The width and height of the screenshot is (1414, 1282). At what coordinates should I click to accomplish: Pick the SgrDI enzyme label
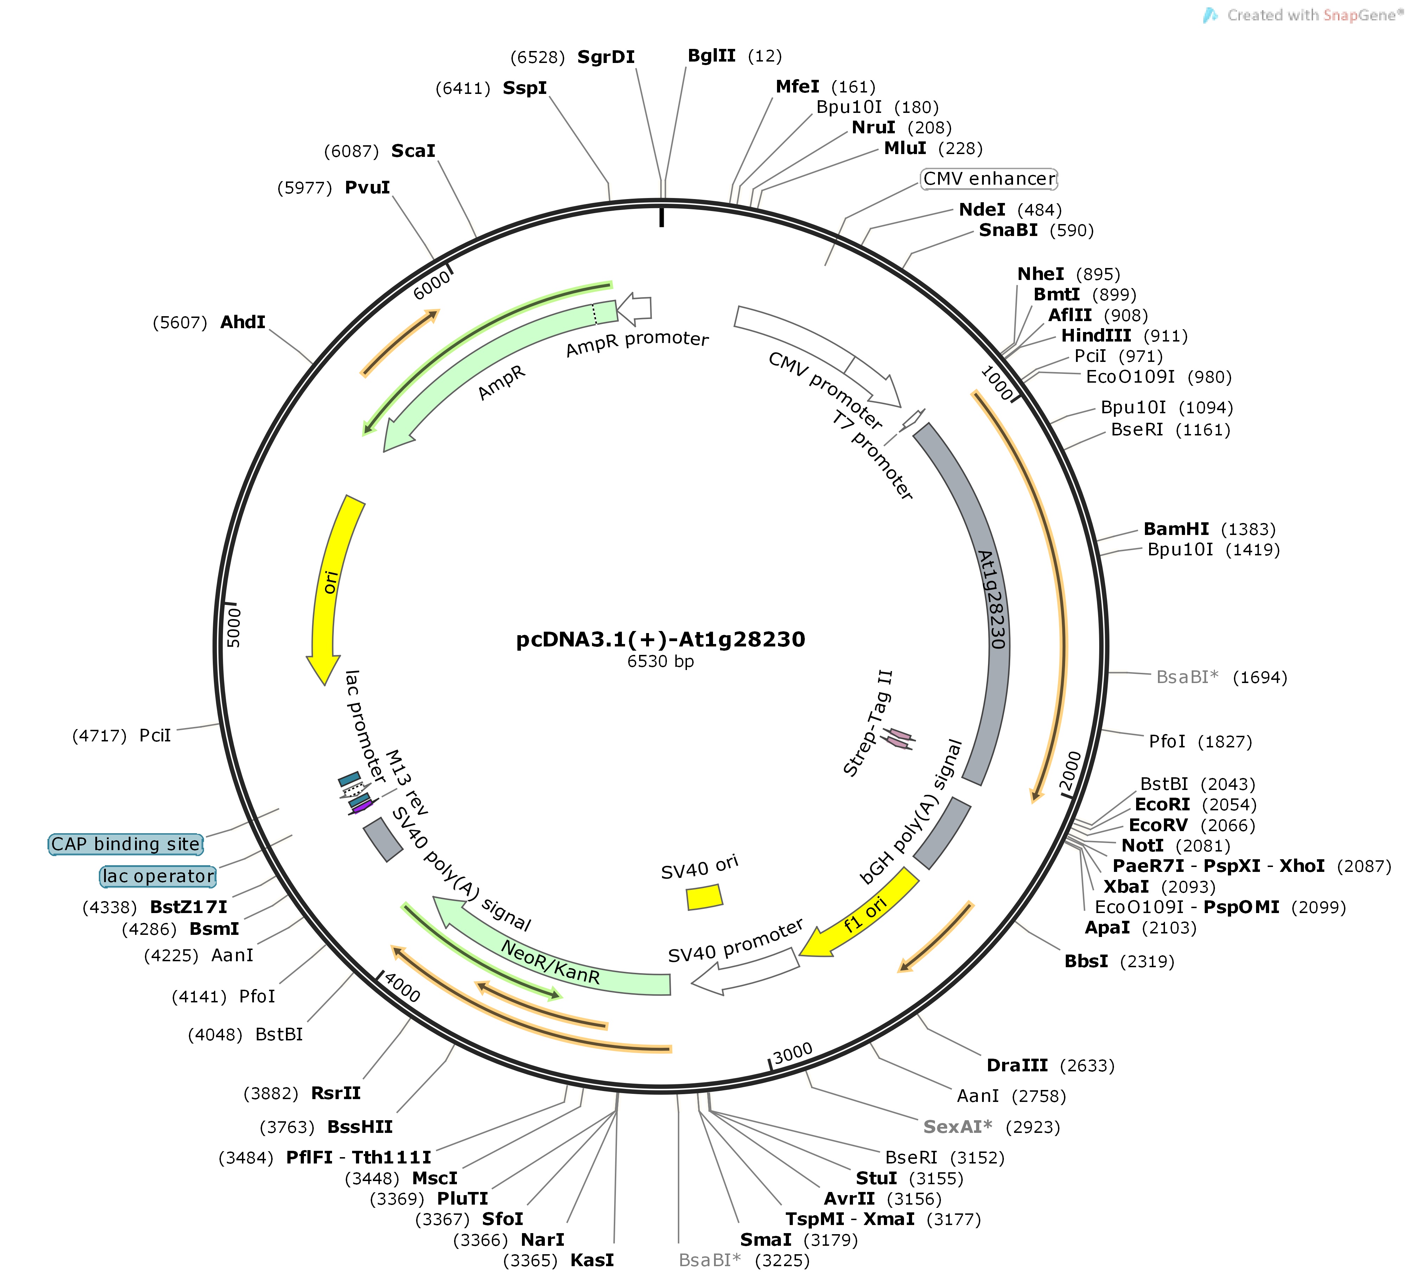(606, 57)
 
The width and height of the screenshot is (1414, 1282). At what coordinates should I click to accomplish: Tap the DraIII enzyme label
(1017, 1065)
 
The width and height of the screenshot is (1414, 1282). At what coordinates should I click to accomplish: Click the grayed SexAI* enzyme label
(957, 1126)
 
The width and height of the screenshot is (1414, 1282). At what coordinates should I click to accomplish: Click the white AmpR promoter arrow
(634, 308)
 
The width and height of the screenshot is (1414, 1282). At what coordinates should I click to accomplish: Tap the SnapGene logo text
(1312, 15)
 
